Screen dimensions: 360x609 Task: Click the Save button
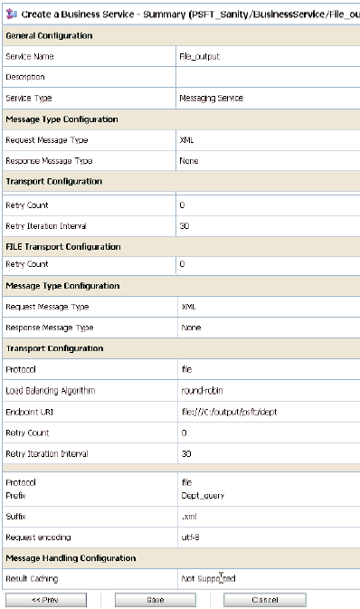click(155, 600)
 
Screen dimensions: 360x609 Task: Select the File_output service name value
click(200, 56)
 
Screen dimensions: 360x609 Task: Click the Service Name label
click(30, 56)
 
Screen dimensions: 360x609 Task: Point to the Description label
click(25, 77)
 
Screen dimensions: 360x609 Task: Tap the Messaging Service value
click(211, 98)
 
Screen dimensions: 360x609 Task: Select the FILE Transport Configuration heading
click(63, 246)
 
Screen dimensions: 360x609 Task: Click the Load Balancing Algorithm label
click(51, 391)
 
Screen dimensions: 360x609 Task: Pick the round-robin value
click(200, 391)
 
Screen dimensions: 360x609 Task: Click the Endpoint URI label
click(30, 412)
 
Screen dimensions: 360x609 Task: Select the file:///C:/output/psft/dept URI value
click(225, 412)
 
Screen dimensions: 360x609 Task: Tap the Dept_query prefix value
click(204, 496)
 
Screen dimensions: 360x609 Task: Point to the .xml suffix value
click(189, 517)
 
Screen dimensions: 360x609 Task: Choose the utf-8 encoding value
click(190, 538)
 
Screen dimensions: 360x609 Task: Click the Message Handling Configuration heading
click(71, 558)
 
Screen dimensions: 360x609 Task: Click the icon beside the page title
click(9, 11)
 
